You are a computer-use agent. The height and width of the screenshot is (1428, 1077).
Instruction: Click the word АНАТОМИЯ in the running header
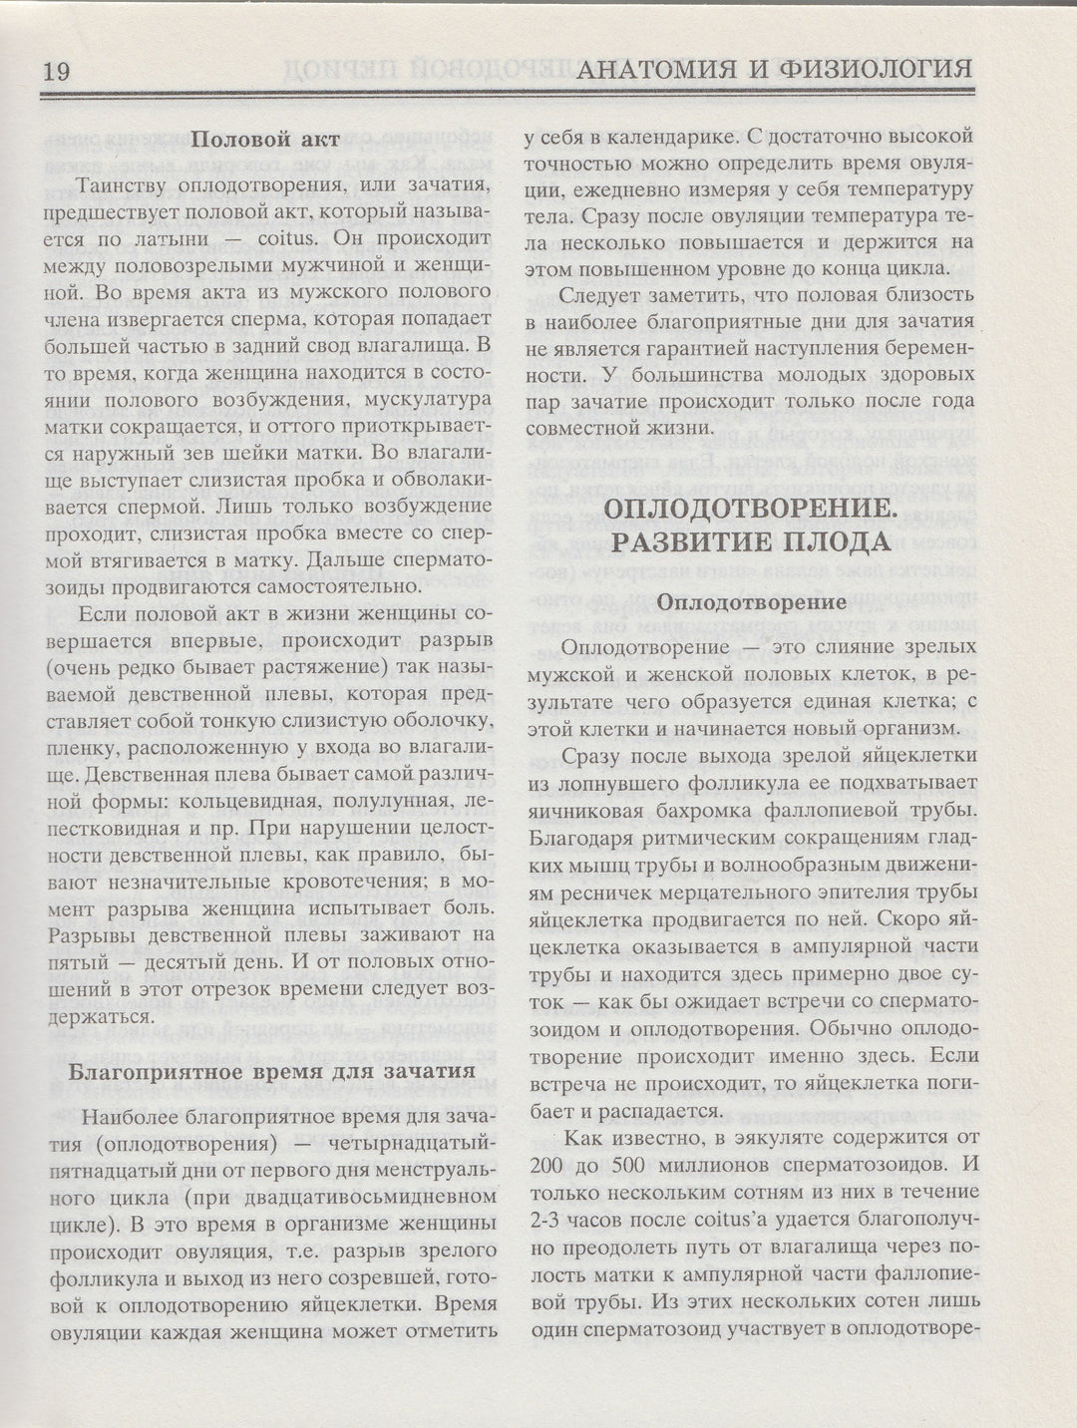click(665, 69)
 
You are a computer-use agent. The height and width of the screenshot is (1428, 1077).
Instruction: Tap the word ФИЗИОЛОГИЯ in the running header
click(868, 69)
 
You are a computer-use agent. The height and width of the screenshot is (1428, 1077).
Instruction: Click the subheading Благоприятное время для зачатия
click(269, 1073)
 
